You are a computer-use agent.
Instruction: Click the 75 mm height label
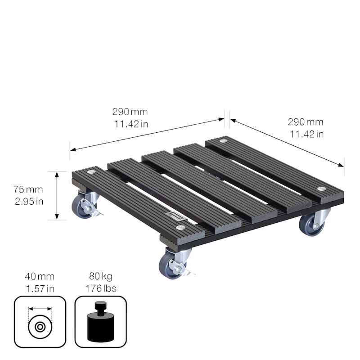[28, 189]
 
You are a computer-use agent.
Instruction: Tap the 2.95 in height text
[29, 201]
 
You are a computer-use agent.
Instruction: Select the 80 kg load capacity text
[101, 276]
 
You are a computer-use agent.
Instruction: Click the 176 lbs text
[101, 288]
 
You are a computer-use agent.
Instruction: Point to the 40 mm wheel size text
[40, 276]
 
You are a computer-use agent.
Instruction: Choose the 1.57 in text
[40, 288]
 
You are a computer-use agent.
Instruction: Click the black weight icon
[101, 321]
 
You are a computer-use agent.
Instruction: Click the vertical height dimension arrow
[57, 195]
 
